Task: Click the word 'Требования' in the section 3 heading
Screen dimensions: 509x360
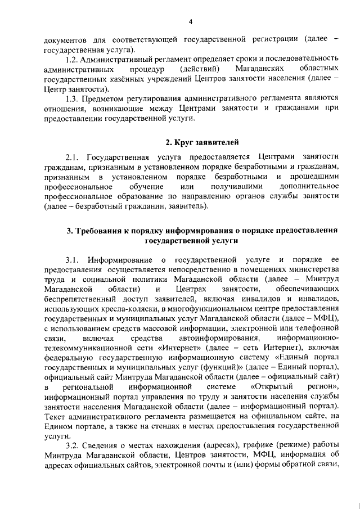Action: point(102,231)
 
